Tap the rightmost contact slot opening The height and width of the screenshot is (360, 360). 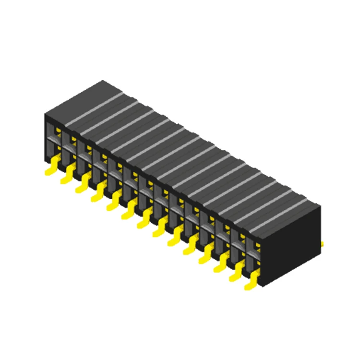253,254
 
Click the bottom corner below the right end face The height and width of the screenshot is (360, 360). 264,287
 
